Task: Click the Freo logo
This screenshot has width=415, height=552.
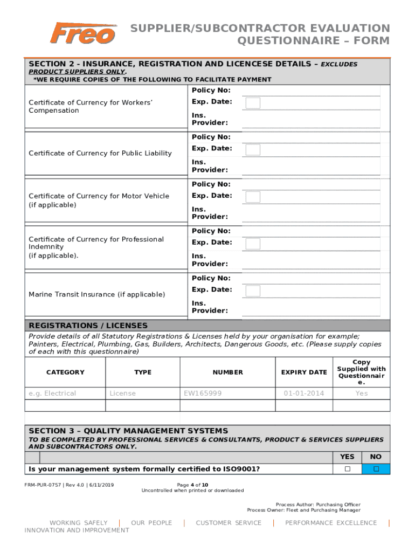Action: tap(82, 33)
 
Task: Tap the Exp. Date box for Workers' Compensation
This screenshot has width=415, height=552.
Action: tap(253, 103)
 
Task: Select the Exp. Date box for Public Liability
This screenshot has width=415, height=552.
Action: tap(253, 150)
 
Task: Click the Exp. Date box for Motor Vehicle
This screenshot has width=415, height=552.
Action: tap(253, 197)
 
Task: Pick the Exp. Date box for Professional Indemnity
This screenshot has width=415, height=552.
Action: tap(253, 244)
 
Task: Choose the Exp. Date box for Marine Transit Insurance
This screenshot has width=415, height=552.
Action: tap(253, 291)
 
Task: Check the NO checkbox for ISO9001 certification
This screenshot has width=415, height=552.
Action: tap(376, 469)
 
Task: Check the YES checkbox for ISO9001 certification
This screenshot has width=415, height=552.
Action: tap(348, 469)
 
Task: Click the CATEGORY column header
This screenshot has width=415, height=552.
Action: tap(65, 372)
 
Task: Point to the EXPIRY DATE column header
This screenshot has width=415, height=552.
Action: tap(304, 372)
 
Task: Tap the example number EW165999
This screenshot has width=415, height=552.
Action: tap(203, 393)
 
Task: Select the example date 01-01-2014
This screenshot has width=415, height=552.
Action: tap(304, 393)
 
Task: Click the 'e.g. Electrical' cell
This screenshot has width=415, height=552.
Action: tap(52, 393)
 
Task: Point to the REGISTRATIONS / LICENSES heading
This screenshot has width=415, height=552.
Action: tap(88, 326)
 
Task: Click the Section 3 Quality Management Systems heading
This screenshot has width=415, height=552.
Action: tap(128, 431)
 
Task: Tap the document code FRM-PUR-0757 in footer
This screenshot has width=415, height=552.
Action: tap(43, 484)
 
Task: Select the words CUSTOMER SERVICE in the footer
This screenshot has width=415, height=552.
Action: tap(229, 523)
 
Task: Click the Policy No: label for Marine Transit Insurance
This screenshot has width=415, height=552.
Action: tap(211, 278)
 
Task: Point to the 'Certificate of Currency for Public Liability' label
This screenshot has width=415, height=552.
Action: tap(100, 153)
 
